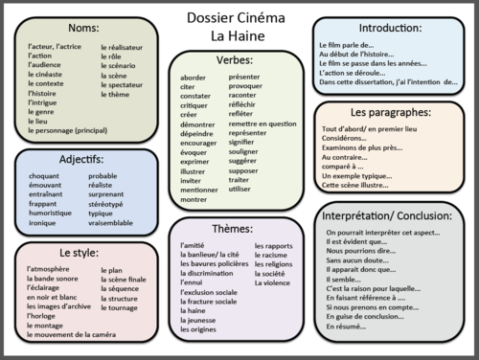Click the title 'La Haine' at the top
(x=239, y=35)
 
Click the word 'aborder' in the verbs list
(x=194, y=77)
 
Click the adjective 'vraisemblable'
(x=111, y=222)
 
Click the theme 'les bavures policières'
(x=214, y=263)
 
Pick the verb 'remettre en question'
(x=262, y=124)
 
